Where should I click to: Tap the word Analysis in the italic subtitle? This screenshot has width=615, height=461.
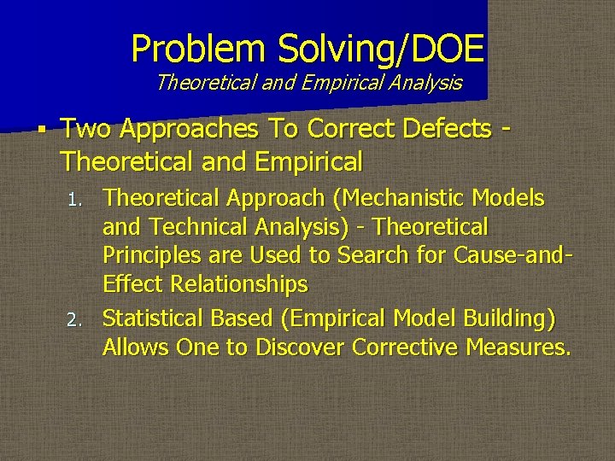pyautogui.click(x=425, y=83)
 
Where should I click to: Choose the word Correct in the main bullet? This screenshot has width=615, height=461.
pyautogui.click(x=354, y=129)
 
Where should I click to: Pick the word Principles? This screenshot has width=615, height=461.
pyautogui.click(x=148, y=256)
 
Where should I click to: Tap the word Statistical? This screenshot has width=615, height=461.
pyautogui.click(x=152, y=318)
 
